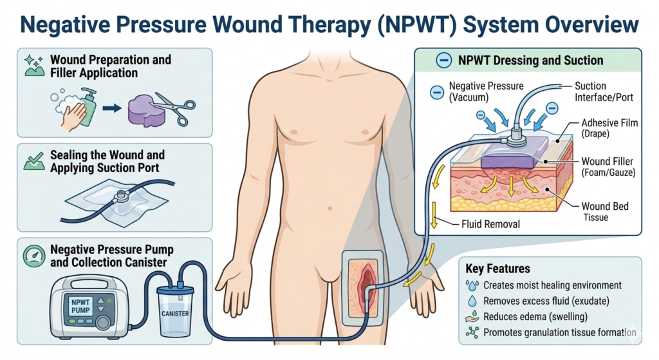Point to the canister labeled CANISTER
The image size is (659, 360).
click(x=175, y=314)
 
